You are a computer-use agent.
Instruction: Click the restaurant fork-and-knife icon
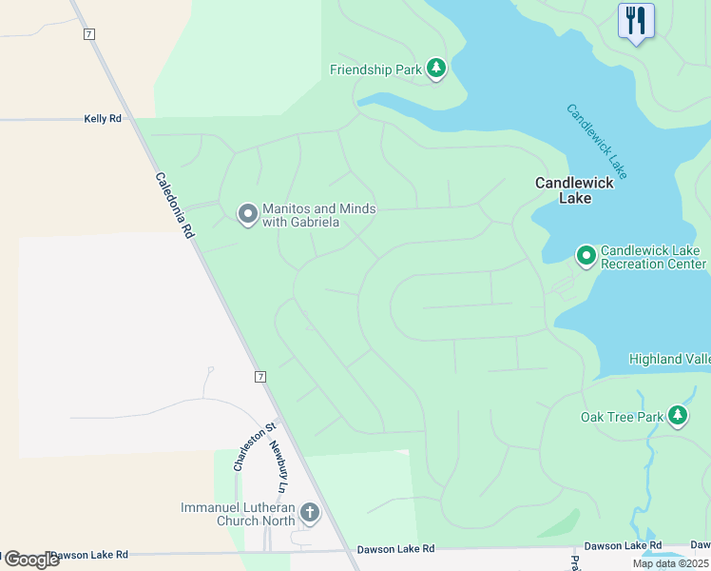pos(635,21)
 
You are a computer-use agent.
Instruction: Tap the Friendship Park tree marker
pos(436,69)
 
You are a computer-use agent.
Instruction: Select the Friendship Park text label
pos(375,69)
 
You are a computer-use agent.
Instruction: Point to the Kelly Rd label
pos(104,119)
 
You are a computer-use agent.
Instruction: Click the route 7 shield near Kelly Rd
pos(89,34)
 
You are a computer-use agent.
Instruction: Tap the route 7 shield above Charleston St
pos(260,377)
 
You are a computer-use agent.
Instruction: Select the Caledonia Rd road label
pos(175,205)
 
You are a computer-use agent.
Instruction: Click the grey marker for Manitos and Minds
pos(248,214)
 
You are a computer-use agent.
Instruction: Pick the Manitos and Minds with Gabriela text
pos(318,215)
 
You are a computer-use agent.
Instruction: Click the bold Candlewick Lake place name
pos(575,190)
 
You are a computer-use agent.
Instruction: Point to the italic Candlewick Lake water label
pos(597,140)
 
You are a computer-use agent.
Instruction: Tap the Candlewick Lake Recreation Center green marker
pos(586,255)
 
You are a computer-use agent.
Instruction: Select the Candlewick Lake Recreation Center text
pos(653,256)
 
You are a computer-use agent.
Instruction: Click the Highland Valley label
pos(669,359)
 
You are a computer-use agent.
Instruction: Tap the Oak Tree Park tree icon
pos(677,416)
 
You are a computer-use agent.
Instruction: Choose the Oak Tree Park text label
pos(622,417)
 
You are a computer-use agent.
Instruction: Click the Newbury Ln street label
pos(278,466)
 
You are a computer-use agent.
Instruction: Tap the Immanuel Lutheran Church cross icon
pos(309,514)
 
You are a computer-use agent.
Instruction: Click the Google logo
pos(30,559)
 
